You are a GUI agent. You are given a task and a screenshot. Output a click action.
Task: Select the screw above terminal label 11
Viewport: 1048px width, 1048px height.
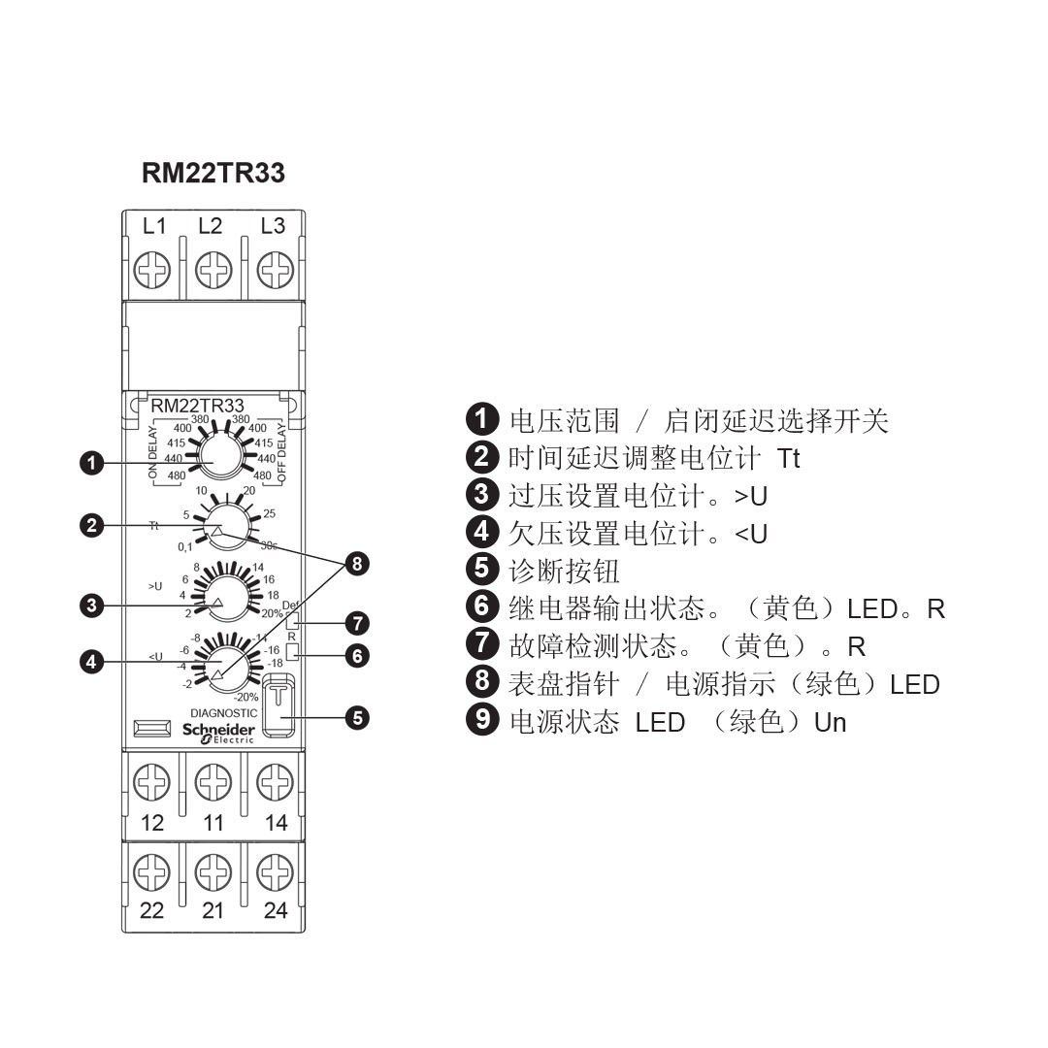click(x=213, y=781)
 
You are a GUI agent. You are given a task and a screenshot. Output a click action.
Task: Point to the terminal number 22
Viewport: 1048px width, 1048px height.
click(x=151, y=910)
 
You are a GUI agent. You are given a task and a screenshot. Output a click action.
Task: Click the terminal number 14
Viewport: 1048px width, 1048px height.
click(x=276, y=823)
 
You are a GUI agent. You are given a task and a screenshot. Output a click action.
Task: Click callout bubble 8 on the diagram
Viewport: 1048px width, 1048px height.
click(x=358, y=564)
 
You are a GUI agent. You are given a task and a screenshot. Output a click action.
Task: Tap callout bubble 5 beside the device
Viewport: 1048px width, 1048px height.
click(x=358, y=719)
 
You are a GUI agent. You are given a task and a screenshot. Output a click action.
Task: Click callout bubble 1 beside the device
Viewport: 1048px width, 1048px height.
click(x=92, y=463)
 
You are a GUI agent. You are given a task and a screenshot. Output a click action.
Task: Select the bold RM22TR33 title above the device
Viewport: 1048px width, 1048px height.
click(x=213, y=174)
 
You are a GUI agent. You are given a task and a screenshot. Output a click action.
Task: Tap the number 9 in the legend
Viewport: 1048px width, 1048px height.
click(x=481, y=723)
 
